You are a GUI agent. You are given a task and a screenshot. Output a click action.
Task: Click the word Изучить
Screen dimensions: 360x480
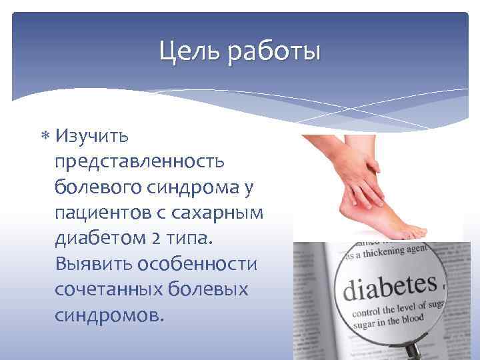coord(93,136)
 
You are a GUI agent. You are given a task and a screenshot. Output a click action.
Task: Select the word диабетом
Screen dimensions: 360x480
coord(99,238)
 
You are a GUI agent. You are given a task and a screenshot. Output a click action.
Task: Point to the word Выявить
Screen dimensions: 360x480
coord(93,263)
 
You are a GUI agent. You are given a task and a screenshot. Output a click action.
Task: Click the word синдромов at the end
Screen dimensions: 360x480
coord(109,315)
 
